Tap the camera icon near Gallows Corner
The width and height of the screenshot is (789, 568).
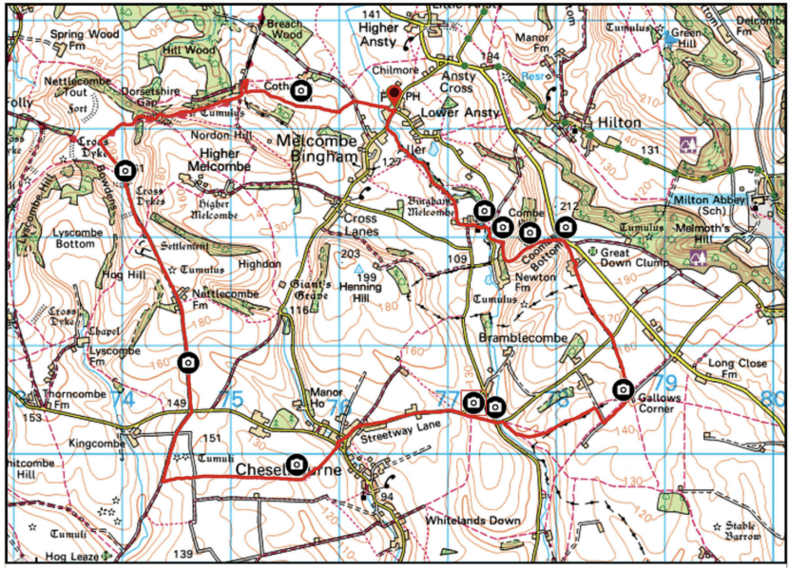click(623, 388)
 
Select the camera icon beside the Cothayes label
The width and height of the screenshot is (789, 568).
click(301, 90)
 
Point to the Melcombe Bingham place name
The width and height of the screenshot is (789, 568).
click(319, 149)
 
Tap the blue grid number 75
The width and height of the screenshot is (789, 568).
click(232, 400)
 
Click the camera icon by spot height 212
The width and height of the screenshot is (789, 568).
click(566, 227)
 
